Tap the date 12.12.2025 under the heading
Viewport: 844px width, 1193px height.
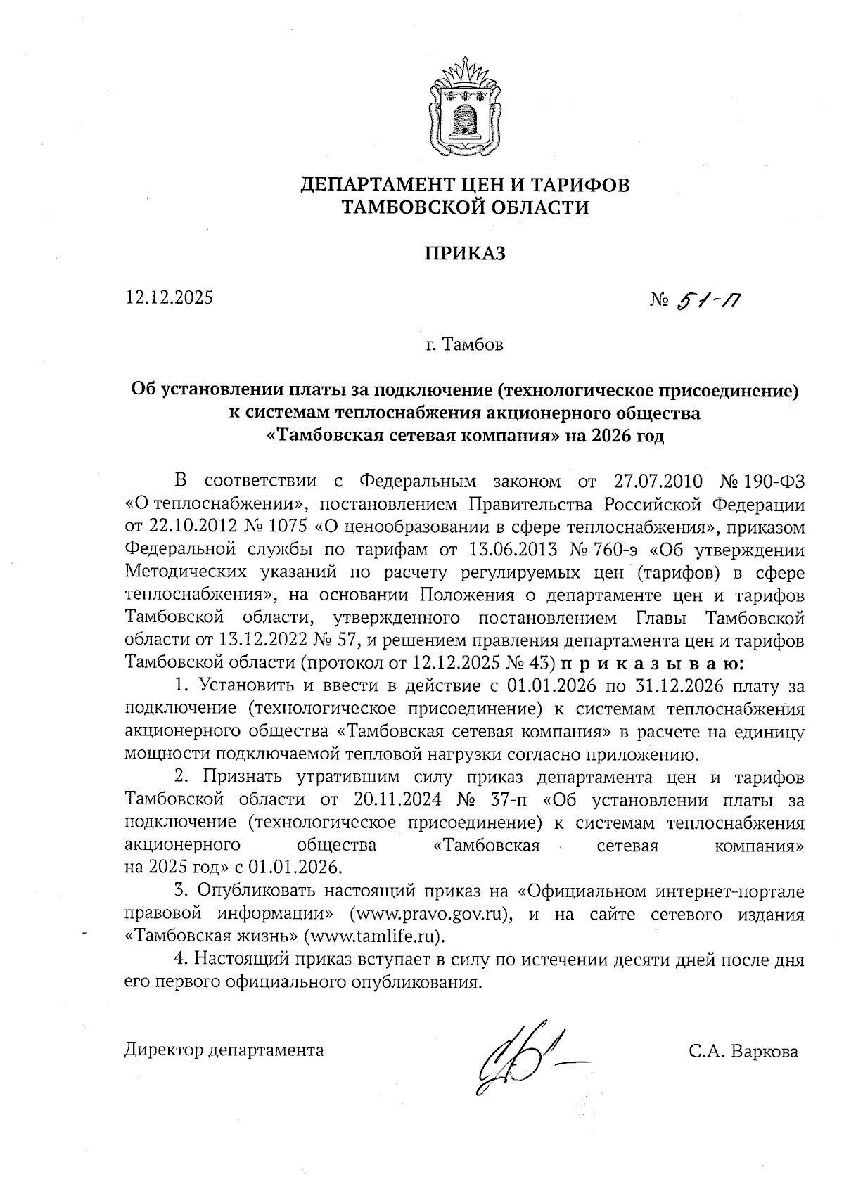(169, 297)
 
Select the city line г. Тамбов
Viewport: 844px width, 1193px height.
(464, 345)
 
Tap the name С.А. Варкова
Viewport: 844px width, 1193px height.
(744, 1052)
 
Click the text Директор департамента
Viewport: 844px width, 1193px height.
(224, 1050)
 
